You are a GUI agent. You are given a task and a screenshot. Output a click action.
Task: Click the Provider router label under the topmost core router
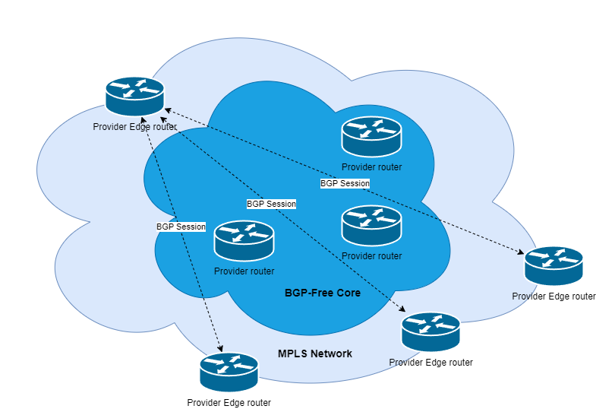(x=371, y=167)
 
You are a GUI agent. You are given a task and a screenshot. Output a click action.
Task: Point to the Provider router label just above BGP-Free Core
(x=371, y=256)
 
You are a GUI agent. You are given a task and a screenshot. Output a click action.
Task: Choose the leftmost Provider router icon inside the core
(x=244, y=240)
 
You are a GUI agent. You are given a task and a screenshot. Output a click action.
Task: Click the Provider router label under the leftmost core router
(x=244, y=271)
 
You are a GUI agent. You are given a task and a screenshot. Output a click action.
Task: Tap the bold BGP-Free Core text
(x=322, y=293)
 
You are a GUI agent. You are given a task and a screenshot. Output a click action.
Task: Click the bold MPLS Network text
(x=314, y=354)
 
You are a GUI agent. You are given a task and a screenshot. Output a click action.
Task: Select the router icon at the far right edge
(x=554, y=265)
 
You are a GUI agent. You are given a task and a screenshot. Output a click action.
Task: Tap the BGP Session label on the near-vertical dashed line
(x=181, y=227)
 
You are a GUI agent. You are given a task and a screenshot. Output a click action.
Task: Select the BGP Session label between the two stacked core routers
(x=345, y=183)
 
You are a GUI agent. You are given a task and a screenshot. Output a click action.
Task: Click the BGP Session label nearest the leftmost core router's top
(x=271, y=204)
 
